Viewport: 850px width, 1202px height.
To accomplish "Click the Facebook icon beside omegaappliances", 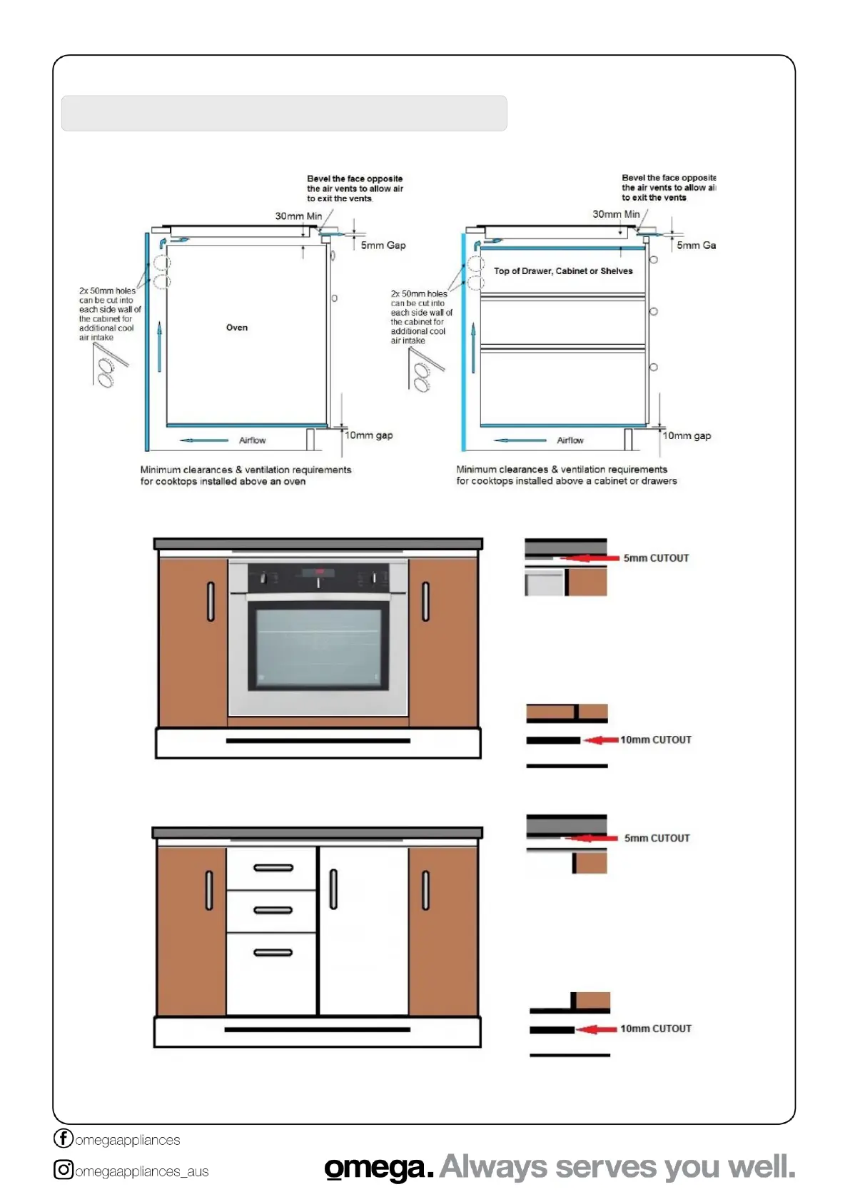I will pyautogui.click(x=64, y=1138).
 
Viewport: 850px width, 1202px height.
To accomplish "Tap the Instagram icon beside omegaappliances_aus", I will pyautogui.click(x=64, y=1169).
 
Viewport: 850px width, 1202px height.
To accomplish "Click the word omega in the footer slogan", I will pyautogui.click(x=378, y=1168).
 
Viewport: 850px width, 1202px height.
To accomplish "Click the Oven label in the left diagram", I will pyautogui.click(x=237, y=328).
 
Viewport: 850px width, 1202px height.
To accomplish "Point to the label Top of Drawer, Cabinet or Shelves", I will pyautogui.click(x=563, y=271).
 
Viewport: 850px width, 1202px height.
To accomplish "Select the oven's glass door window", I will pyautogui.click(x=318, y=646).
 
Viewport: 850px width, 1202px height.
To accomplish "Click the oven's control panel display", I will pyautogui.click(x=318, y=572).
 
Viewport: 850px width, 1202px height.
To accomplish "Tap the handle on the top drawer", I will pyautogui.click(x=273, y=868).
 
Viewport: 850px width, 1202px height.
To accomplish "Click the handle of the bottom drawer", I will pyautogui.click(x=273, y=952).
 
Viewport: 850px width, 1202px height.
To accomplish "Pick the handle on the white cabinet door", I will pyautogui.click(x=333, y=889).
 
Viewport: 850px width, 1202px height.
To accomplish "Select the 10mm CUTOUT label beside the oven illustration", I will pyautogui.click(x=656, y=740).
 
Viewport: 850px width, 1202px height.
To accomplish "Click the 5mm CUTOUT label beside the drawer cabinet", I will pyautogui.click(x=657, y=838).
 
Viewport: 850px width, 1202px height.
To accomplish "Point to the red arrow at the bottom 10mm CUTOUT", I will pyautogui.click(x=597, y=1029).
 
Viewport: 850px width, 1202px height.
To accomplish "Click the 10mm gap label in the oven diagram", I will pyautogui.click(x=369, y=435).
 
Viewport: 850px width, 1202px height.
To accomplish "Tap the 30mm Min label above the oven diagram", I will pyautogui.click(x=298, y=216).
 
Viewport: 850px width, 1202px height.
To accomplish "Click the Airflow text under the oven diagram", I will pyautogui.click(x=252, y=440).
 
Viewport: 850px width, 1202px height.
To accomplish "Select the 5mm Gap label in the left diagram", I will pyautogui.click(x=383, y=246).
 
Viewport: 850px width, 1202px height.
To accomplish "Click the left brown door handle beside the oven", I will pyautogui.click(x=211, y=602).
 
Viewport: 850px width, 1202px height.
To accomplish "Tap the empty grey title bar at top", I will pyautogui.click(x=284, y=113).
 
